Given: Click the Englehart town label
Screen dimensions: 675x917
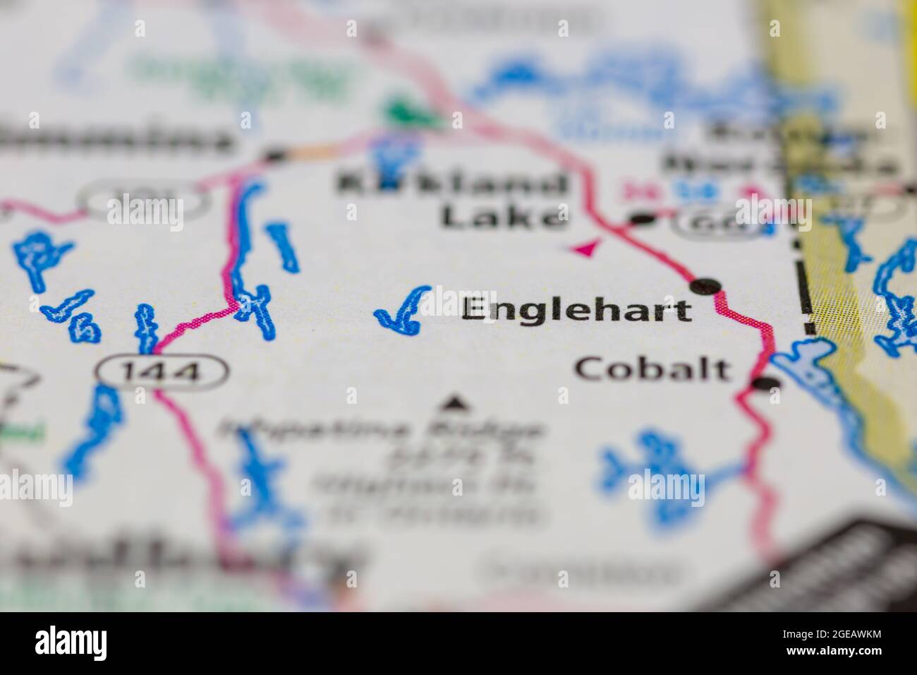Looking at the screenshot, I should click(576, 311).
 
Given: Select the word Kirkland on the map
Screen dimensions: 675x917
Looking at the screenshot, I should click(452, 185).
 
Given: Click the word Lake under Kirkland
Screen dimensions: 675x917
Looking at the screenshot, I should click(504, 216).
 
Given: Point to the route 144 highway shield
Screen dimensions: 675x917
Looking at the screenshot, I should click(162, 370).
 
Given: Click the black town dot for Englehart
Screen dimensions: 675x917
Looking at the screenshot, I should click(706, 286).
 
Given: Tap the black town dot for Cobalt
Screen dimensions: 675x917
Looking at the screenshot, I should click(767, 383).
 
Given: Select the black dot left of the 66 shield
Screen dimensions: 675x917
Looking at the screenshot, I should click(642, 220).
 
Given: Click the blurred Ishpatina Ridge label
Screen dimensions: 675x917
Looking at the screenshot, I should click(384, 429).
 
